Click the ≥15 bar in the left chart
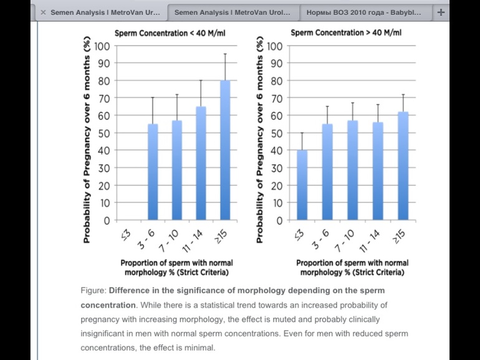[225, 150]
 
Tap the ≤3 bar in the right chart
[302, 185]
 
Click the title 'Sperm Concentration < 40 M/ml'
[164, 32]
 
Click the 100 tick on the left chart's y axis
[101, 46]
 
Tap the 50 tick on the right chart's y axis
[275, 133]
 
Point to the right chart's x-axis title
[352, 268]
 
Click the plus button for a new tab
[441, 12]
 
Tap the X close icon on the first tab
[43, 12]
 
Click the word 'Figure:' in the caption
[94, 291]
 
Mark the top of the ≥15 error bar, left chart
[225, 54]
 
